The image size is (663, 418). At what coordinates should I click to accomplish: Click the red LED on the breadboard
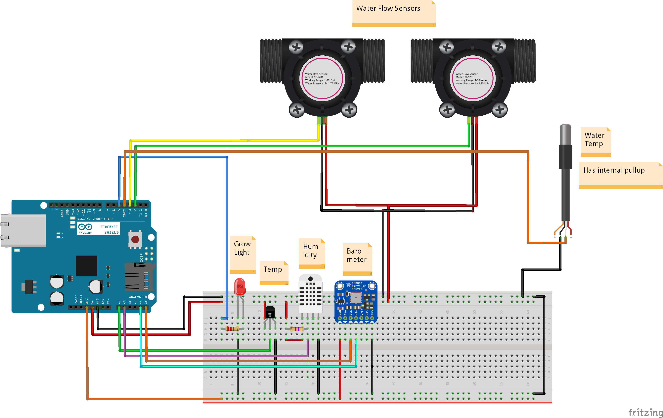click(240, 287)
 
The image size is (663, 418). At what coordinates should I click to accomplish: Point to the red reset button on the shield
click(135, 239)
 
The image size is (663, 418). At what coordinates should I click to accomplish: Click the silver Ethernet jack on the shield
click(23, 230)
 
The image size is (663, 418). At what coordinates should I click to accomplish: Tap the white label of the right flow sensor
click(472, 78)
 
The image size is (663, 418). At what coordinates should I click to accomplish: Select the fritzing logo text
click(645, 412)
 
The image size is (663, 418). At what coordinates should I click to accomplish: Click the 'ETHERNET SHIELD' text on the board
click(110, 229)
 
